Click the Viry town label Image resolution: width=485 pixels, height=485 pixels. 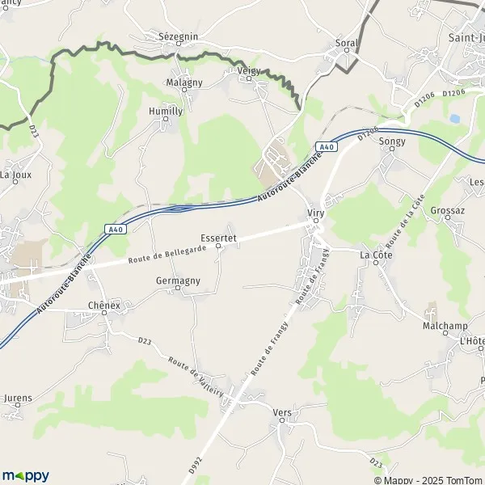click(315, 213)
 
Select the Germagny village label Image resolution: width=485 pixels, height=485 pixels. click(178, 280)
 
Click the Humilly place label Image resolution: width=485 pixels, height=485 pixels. click(166, 111)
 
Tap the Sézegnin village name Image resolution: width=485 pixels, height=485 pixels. click(178, 36)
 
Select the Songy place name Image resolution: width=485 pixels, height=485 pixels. click(392, 140)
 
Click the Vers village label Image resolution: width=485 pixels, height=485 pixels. click(282, 411)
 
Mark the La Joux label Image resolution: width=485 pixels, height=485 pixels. click(15, 174)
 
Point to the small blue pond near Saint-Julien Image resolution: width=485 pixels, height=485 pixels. click(454, 118)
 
